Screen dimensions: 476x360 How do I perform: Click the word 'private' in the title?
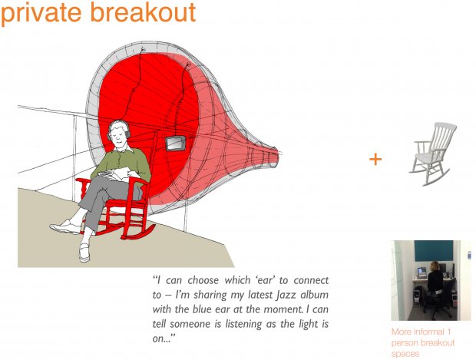point(41,13)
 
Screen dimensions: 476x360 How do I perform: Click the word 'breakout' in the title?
point(143,12)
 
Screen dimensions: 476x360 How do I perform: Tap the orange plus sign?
point(375,160)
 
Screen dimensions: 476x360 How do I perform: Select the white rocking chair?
point(432,154)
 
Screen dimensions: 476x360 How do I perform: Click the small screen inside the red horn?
point(176,144)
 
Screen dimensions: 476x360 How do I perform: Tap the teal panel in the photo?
point(434,250)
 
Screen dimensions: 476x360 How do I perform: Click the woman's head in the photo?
point(435,266)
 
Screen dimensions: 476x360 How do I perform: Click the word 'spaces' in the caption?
point(405,354)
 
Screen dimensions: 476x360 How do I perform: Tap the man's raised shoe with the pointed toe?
point(65,227)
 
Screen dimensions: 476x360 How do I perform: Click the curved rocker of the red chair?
point(138,233)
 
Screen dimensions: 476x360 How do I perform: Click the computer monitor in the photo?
point(421,272)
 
